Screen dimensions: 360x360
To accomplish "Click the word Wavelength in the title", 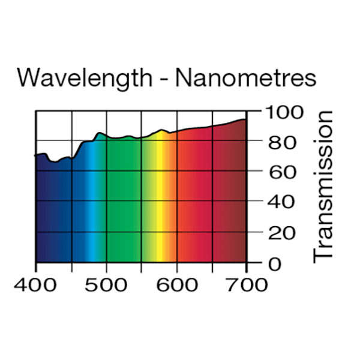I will [x=81, y=78].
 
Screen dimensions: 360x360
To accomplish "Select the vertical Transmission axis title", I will [x=323, y=185].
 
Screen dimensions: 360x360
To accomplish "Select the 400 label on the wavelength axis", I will [x=35, y=284].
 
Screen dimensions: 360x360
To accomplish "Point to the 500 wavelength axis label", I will [x=106, y=284].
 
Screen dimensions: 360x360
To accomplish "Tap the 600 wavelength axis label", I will [x=176, y=284].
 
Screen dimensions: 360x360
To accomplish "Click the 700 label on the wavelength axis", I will [x=247, y=284].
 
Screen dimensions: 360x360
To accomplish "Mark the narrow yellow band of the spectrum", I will [x=160, y=204].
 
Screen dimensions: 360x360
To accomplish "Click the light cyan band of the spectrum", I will [x=92, y=204].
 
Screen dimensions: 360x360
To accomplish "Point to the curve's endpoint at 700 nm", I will [x=245, y=119].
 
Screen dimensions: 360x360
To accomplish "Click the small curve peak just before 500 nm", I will [x=100, y=133].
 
